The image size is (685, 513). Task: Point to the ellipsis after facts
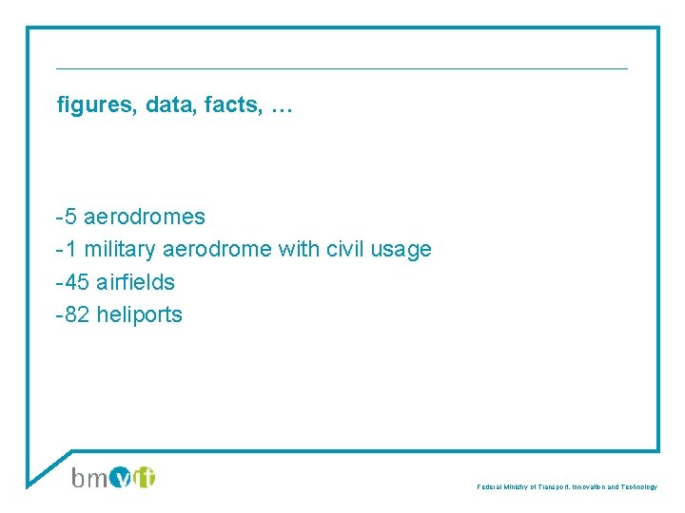(x=282, y=107)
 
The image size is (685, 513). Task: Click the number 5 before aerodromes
(x=71, y=217)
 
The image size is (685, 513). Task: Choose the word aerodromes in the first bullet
(x=145, y=217)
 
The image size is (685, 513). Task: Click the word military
(x=119, y=250)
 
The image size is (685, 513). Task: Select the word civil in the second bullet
(x=346, y=250)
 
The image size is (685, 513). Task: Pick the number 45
(x=77, y=282)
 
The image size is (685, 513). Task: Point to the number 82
(x=77, y=314)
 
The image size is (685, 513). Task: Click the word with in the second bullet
(x=299, y=250)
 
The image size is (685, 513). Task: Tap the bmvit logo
(x=113, y=477)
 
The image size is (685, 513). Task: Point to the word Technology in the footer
(x=636, y=486)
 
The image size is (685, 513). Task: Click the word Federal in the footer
(x=489, y=486)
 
